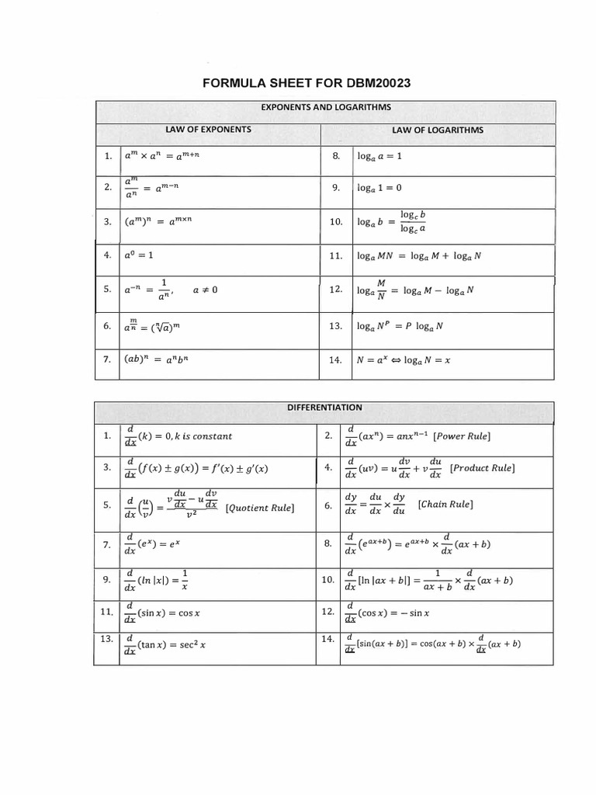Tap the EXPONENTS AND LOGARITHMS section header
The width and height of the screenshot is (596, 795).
[x=324, y=107]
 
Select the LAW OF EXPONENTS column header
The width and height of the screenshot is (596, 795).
[x=210, y=129]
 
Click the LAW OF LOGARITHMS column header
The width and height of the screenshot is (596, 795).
[x=438, y=130]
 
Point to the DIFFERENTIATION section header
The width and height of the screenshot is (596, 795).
[x=324, y=407]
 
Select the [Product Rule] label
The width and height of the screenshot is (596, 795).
[x=482, y=468]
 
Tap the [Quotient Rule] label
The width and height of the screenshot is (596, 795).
[x=259, y=508]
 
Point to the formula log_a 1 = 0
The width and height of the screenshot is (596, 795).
[x=379, y=188]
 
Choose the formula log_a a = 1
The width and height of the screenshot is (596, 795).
[x=379, y=156]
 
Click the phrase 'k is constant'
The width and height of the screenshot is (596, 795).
[x=201, y=436]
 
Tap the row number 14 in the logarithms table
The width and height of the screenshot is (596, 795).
[x=335, y=360]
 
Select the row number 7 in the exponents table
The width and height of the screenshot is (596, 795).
[x=107, y=360]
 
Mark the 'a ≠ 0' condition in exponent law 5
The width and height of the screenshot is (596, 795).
[x=206, y=290]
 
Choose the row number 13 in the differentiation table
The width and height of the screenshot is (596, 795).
[x=107, y=638]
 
